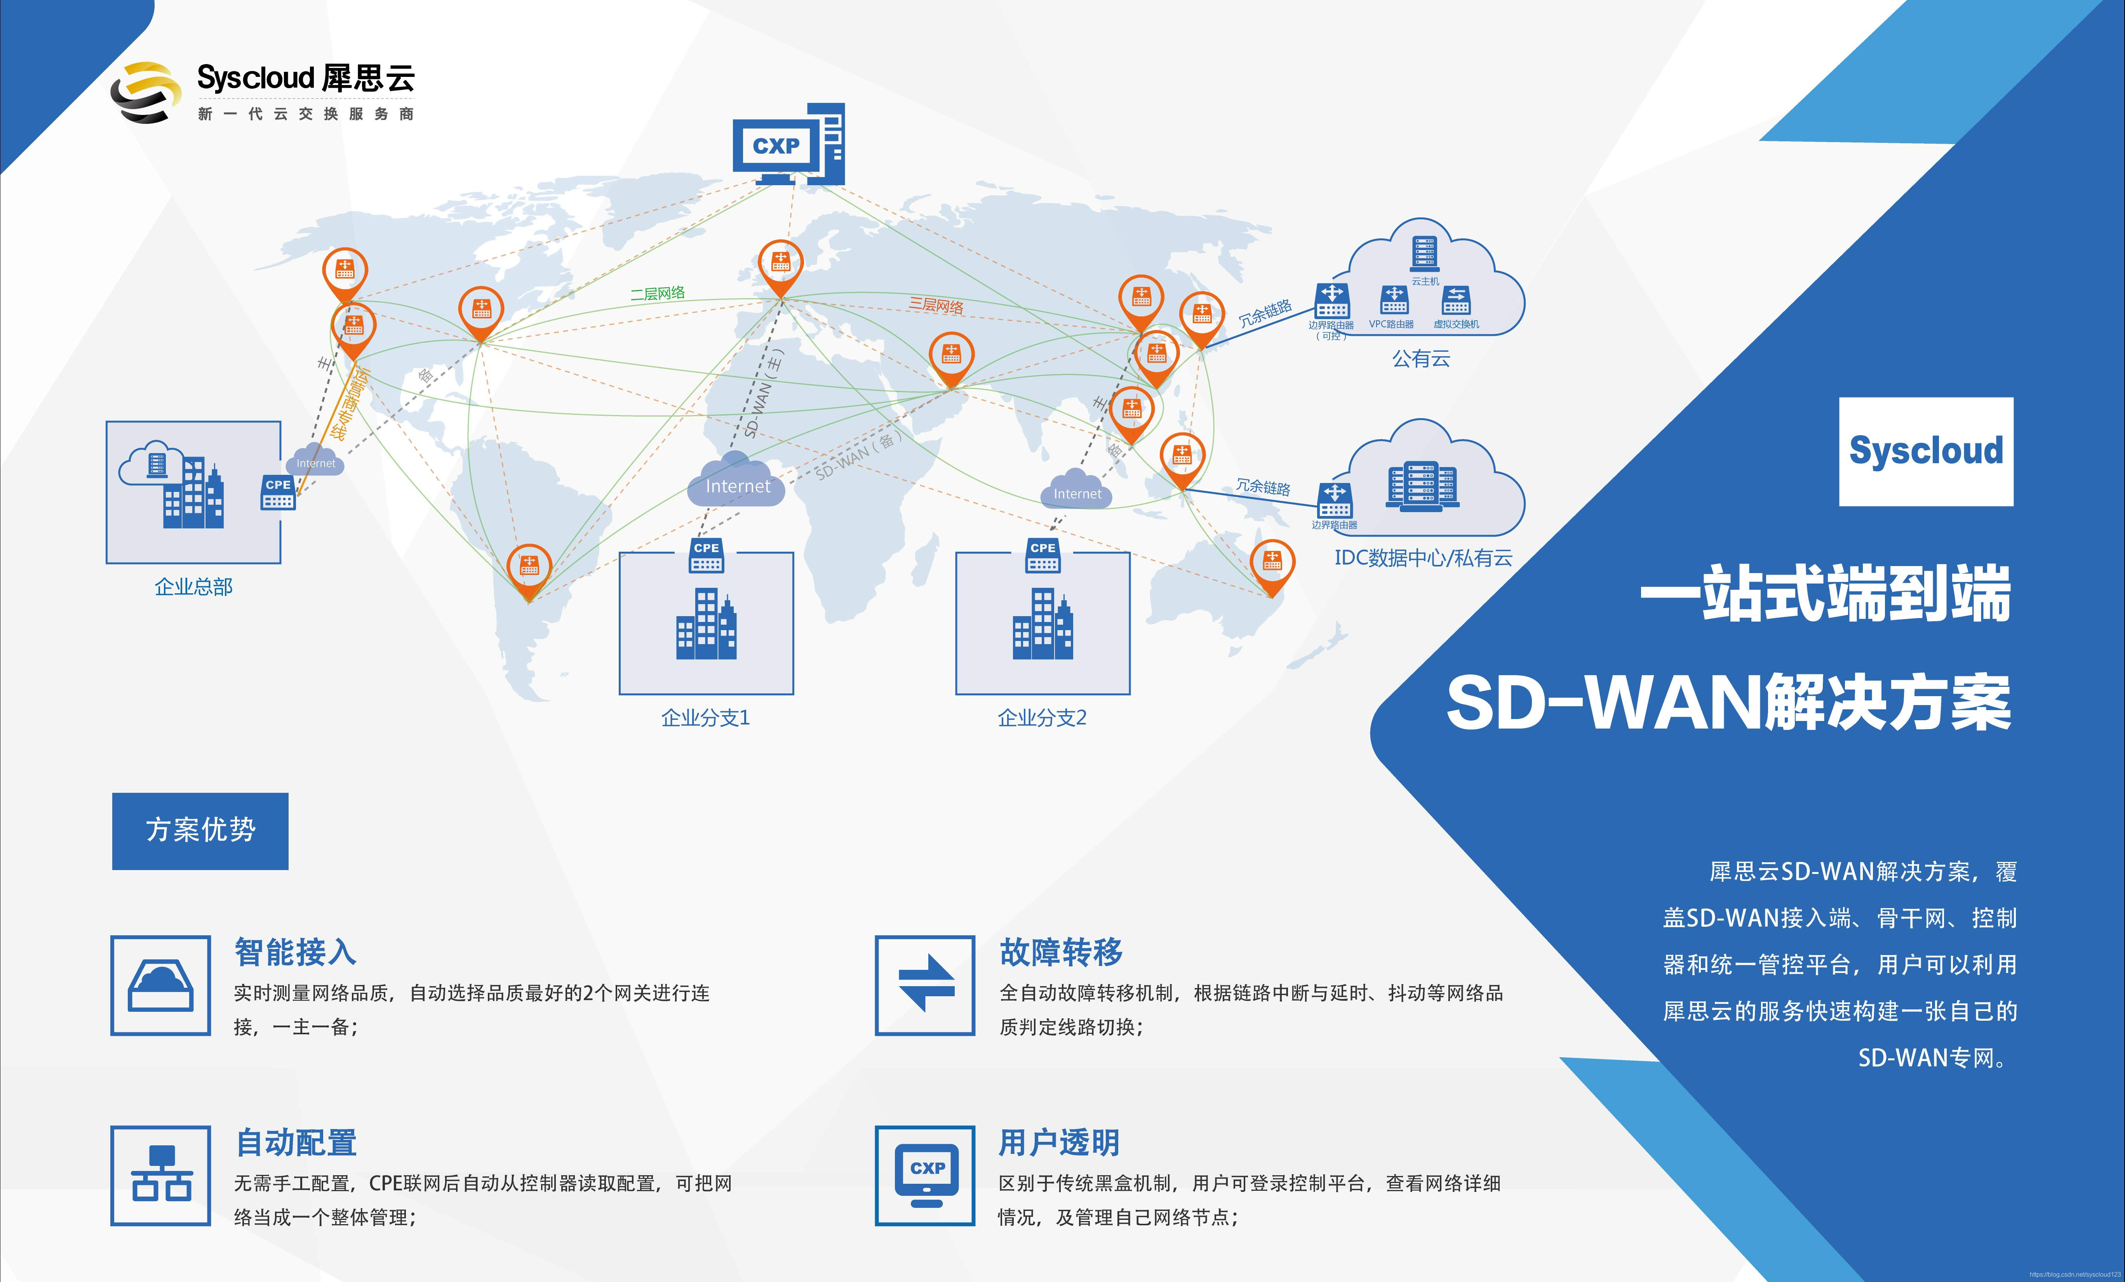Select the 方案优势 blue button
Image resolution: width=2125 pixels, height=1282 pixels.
(x=200, y=830)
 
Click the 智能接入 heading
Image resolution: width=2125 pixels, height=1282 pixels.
(x=295, y=952)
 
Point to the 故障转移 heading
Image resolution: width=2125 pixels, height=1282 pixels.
(x=1061, y=952)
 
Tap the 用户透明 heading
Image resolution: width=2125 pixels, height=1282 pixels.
(x=1059, y=1142)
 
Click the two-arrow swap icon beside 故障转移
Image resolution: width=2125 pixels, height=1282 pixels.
(x=925, y=985)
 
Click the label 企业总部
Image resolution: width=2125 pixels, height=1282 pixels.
(x=193, y=587)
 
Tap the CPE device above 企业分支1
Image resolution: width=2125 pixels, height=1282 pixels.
(x=706, y=556)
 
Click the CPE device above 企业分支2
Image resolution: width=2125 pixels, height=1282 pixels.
(x=1042, y=556)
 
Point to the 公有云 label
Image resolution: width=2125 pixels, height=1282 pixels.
(x=1420, y=359)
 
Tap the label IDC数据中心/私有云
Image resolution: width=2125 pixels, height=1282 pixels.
(x=1423, y=558)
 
